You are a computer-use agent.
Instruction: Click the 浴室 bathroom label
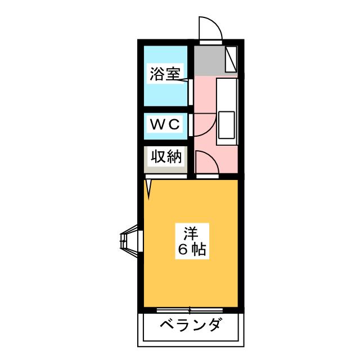(165, 74)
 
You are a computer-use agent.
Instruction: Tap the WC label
(164, 125)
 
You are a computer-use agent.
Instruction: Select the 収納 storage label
(164, 156)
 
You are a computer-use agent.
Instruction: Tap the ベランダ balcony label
(191, 325)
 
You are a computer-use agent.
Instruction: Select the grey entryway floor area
(208, 61)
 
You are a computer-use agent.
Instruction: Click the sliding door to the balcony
(191, 310)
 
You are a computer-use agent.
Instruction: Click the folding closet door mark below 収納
(149, 188)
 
